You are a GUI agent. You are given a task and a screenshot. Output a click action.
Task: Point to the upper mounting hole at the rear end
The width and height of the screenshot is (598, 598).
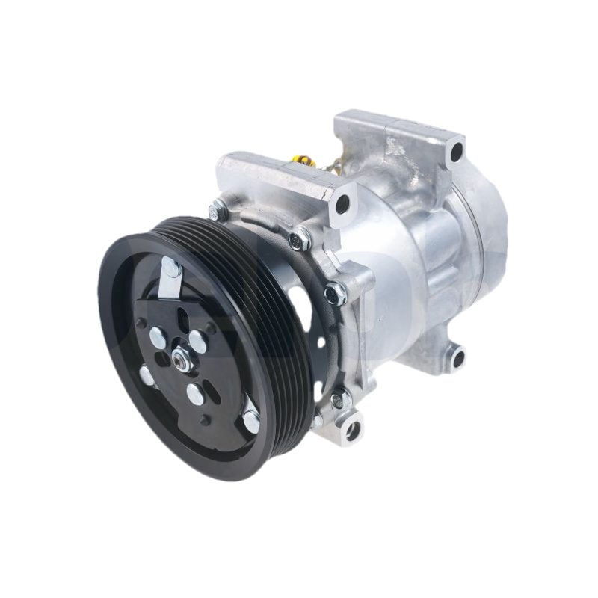click(x=456, y=154)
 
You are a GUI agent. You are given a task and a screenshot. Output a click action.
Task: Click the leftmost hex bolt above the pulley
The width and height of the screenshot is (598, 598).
click(x=219, y=210)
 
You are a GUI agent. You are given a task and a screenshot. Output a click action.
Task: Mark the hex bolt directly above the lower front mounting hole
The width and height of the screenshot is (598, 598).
click(x=340, y=397)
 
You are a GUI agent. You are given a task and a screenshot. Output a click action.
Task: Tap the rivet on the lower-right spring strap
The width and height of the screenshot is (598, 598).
click(x=250, y=421)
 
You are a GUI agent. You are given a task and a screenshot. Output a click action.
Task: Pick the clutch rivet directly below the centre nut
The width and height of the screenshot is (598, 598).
click(x=194, y=395)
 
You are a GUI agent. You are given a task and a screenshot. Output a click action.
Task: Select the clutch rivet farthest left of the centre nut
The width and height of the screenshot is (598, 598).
click(x=147, y=375)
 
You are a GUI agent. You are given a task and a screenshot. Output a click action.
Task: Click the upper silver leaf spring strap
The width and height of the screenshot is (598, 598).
click(x=169, y=280)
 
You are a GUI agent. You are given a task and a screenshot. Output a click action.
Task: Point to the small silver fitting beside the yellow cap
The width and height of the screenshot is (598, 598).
click(x=324, y=161)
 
